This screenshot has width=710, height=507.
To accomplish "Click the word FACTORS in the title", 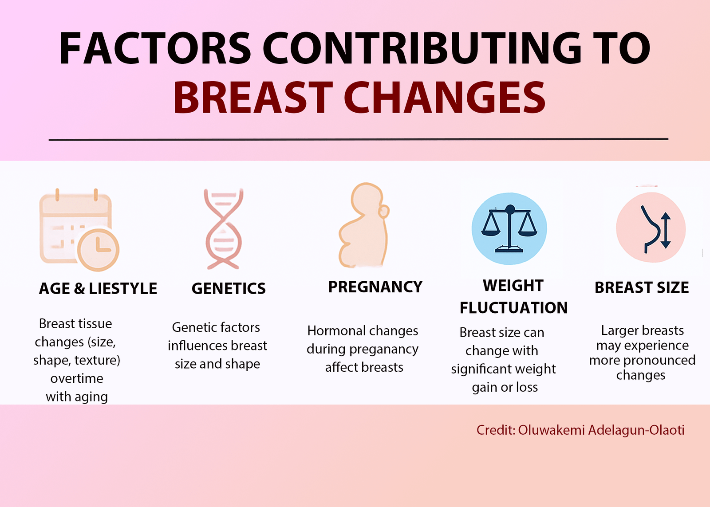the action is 155,48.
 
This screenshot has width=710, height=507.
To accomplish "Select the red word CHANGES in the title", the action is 445,97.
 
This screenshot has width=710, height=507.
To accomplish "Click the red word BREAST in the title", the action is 253,97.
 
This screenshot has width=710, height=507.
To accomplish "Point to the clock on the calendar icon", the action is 98,249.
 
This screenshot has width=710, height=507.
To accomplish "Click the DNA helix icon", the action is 223,229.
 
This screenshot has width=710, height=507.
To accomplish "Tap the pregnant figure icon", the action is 364,225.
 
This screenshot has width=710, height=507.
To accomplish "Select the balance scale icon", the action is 509,229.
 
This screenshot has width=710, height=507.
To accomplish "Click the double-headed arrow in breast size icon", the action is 666,230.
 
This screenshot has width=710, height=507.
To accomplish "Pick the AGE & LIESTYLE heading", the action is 98,288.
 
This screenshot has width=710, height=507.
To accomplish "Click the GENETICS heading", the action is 229,288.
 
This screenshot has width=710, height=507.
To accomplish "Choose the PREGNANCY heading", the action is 375,287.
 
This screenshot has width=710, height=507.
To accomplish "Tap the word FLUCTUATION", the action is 513,308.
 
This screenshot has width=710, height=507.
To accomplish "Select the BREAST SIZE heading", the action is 642,287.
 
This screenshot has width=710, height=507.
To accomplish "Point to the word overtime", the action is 77,378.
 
